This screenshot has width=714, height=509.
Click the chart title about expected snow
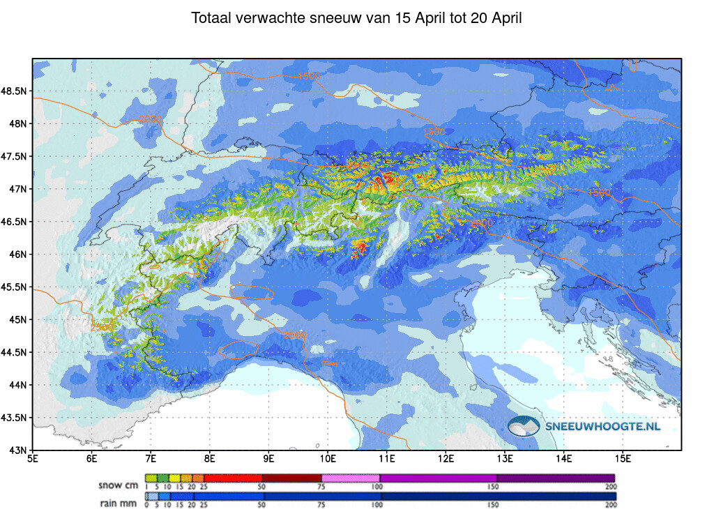tap(356, 19)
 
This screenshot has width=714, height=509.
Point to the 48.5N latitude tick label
tap(15, 91)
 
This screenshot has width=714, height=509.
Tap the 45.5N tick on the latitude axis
tap(15, 287)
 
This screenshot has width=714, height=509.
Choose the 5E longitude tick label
tap(33, 459)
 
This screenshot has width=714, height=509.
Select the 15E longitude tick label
tap(623, 459)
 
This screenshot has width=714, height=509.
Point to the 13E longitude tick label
tap(506, 459)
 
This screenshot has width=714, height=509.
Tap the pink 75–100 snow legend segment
tap(351, 478)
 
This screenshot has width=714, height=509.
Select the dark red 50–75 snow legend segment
tap(291, 478)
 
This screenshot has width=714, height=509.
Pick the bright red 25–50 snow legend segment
tap(233, 478)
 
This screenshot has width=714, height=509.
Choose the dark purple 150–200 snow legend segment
tap(556, 478)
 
